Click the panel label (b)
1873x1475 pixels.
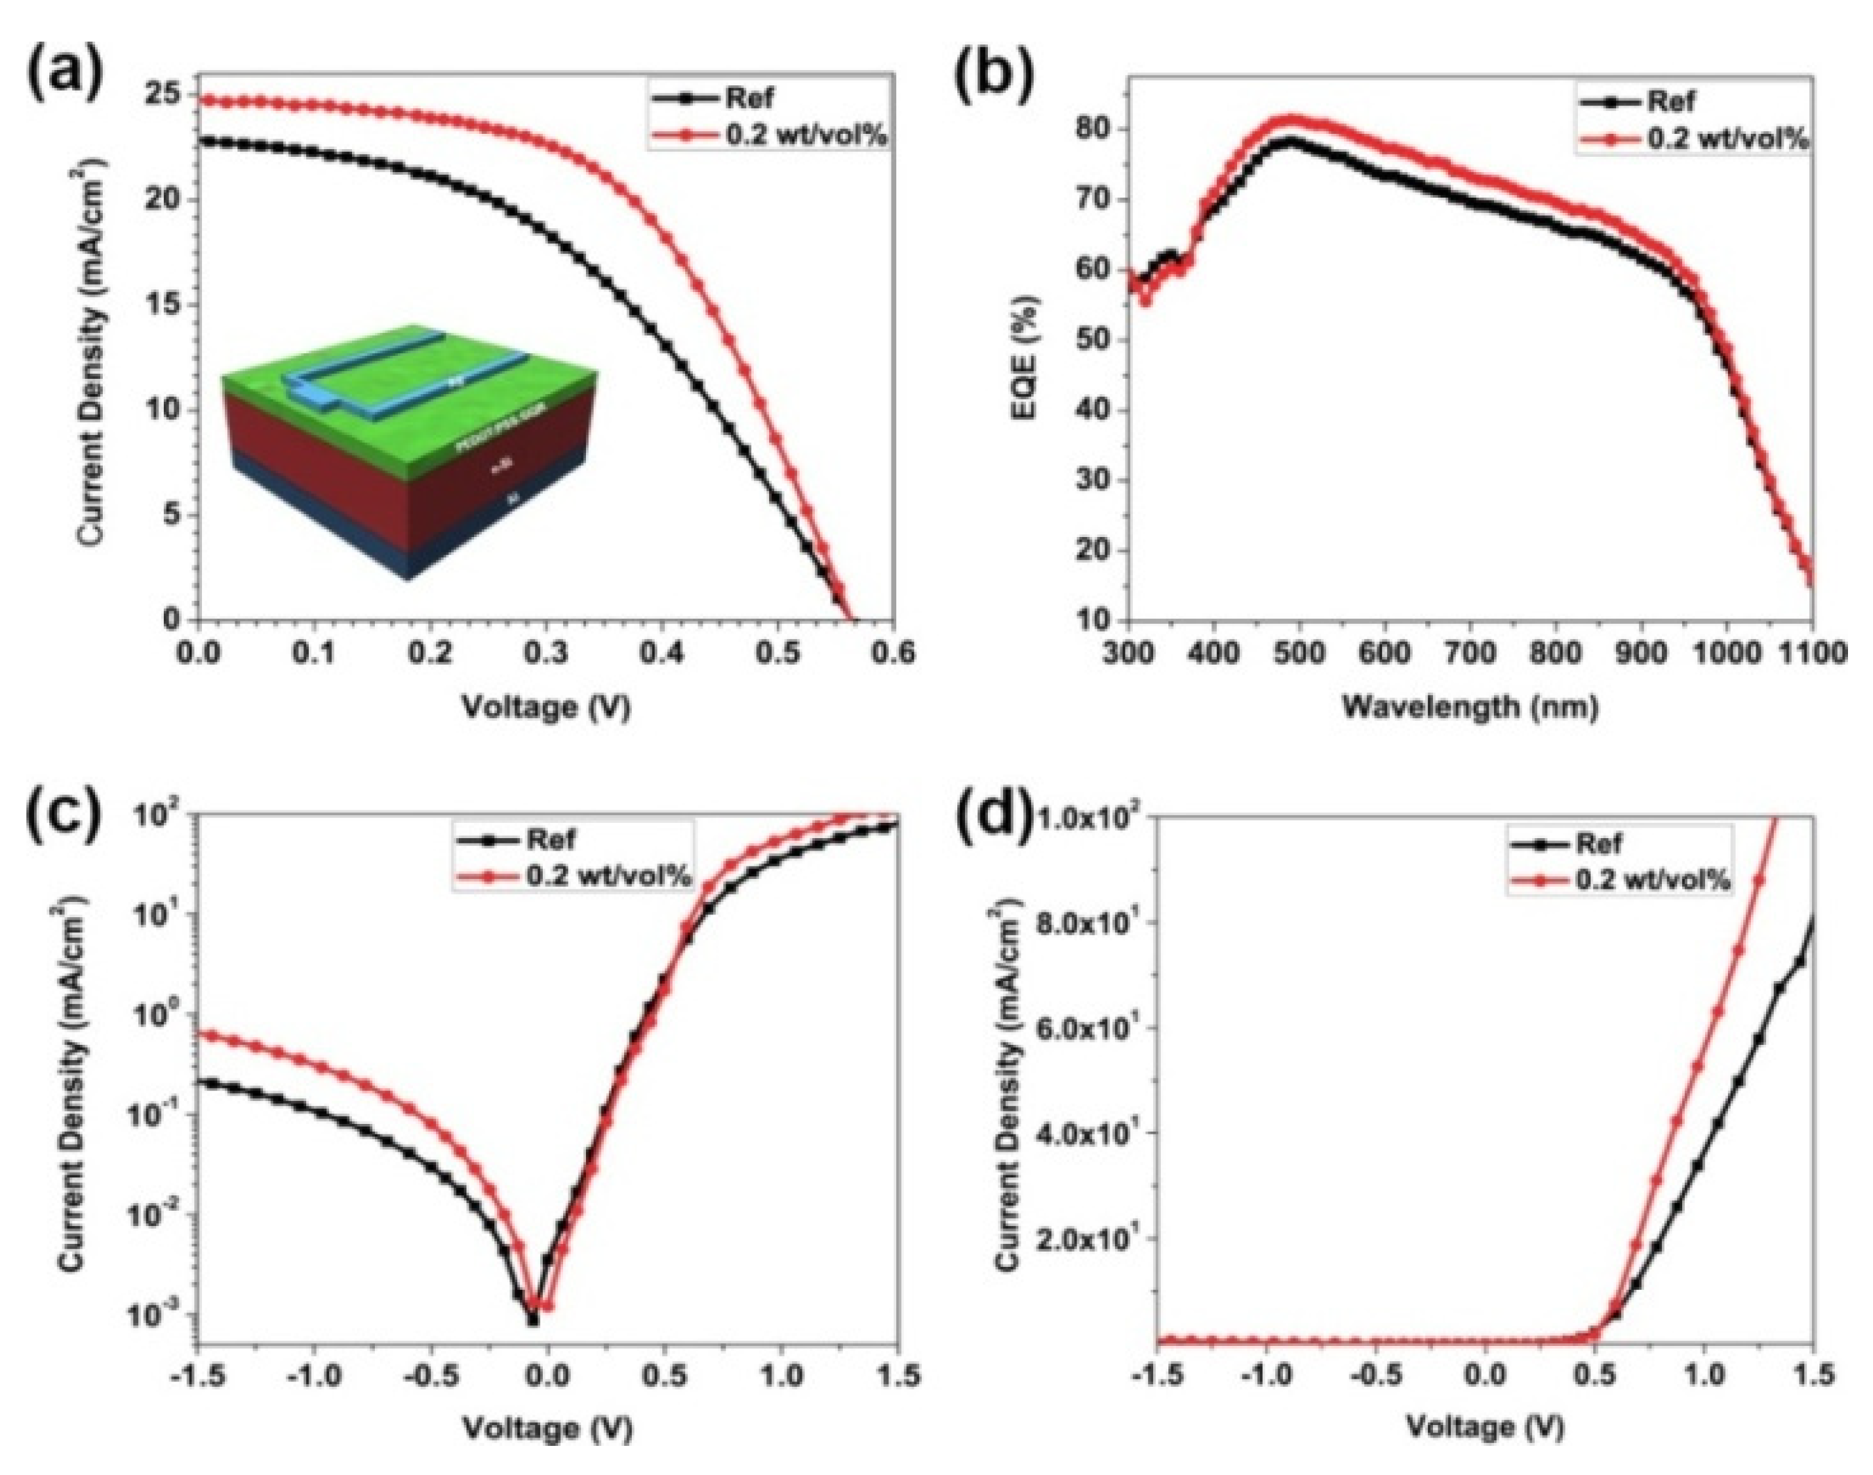point(993,74)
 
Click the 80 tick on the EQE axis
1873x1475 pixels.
point(1097,130)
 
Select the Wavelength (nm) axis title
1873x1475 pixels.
point(1469,706)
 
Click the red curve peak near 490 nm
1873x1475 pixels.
point(1291,119)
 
